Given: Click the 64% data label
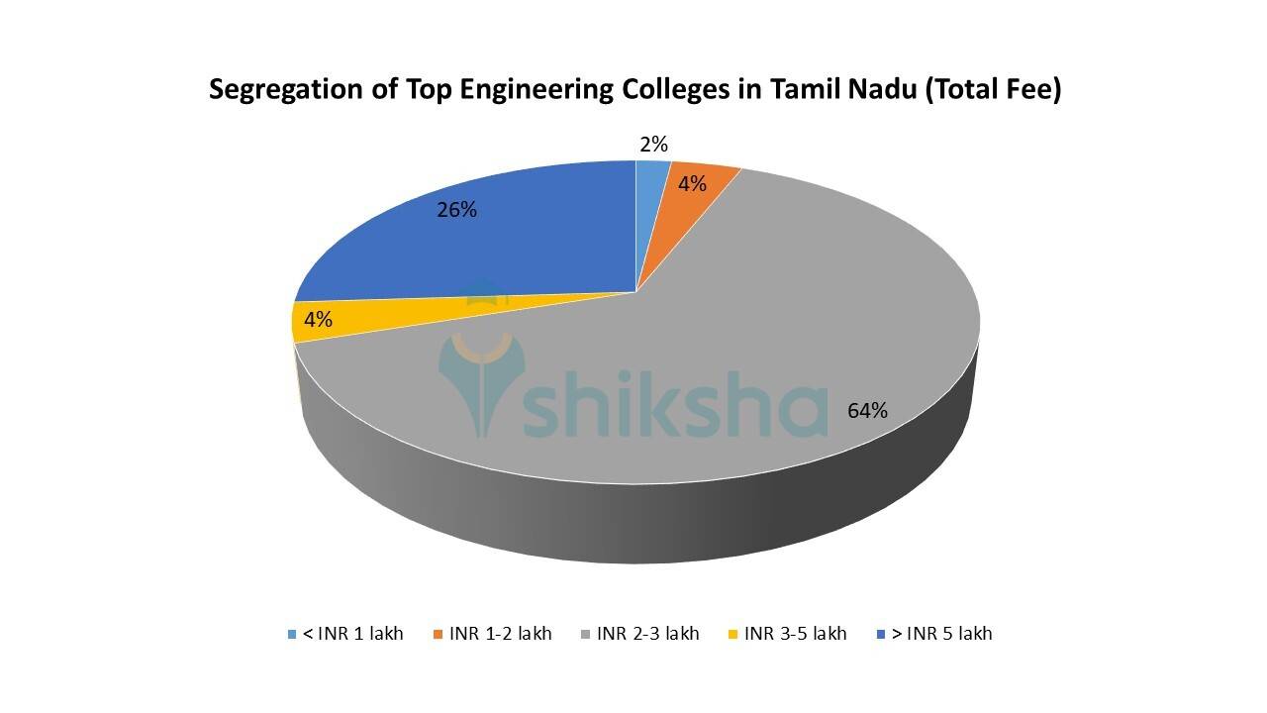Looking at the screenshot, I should (x=867, y=410).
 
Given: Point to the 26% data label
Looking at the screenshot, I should (x=457, y=210).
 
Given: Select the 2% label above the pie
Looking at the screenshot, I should (x=652, y=145).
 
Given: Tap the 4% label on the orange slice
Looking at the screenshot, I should (x=692, y=183).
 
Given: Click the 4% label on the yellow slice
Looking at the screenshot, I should (x=318, y=320).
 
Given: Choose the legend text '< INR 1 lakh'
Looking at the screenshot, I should (x=352, y=634).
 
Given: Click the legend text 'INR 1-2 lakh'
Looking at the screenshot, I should (x=500, y=634).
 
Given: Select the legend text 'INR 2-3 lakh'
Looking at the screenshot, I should (x=648, y=634).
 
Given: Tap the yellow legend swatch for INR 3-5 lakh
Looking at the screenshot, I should (x=732, y=634).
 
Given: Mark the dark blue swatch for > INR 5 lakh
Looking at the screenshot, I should (x=881, y=634).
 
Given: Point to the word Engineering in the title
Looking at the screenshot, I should (x=513, y=90).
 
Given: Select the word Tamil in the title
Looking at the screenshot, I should (x=804, y=90).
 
